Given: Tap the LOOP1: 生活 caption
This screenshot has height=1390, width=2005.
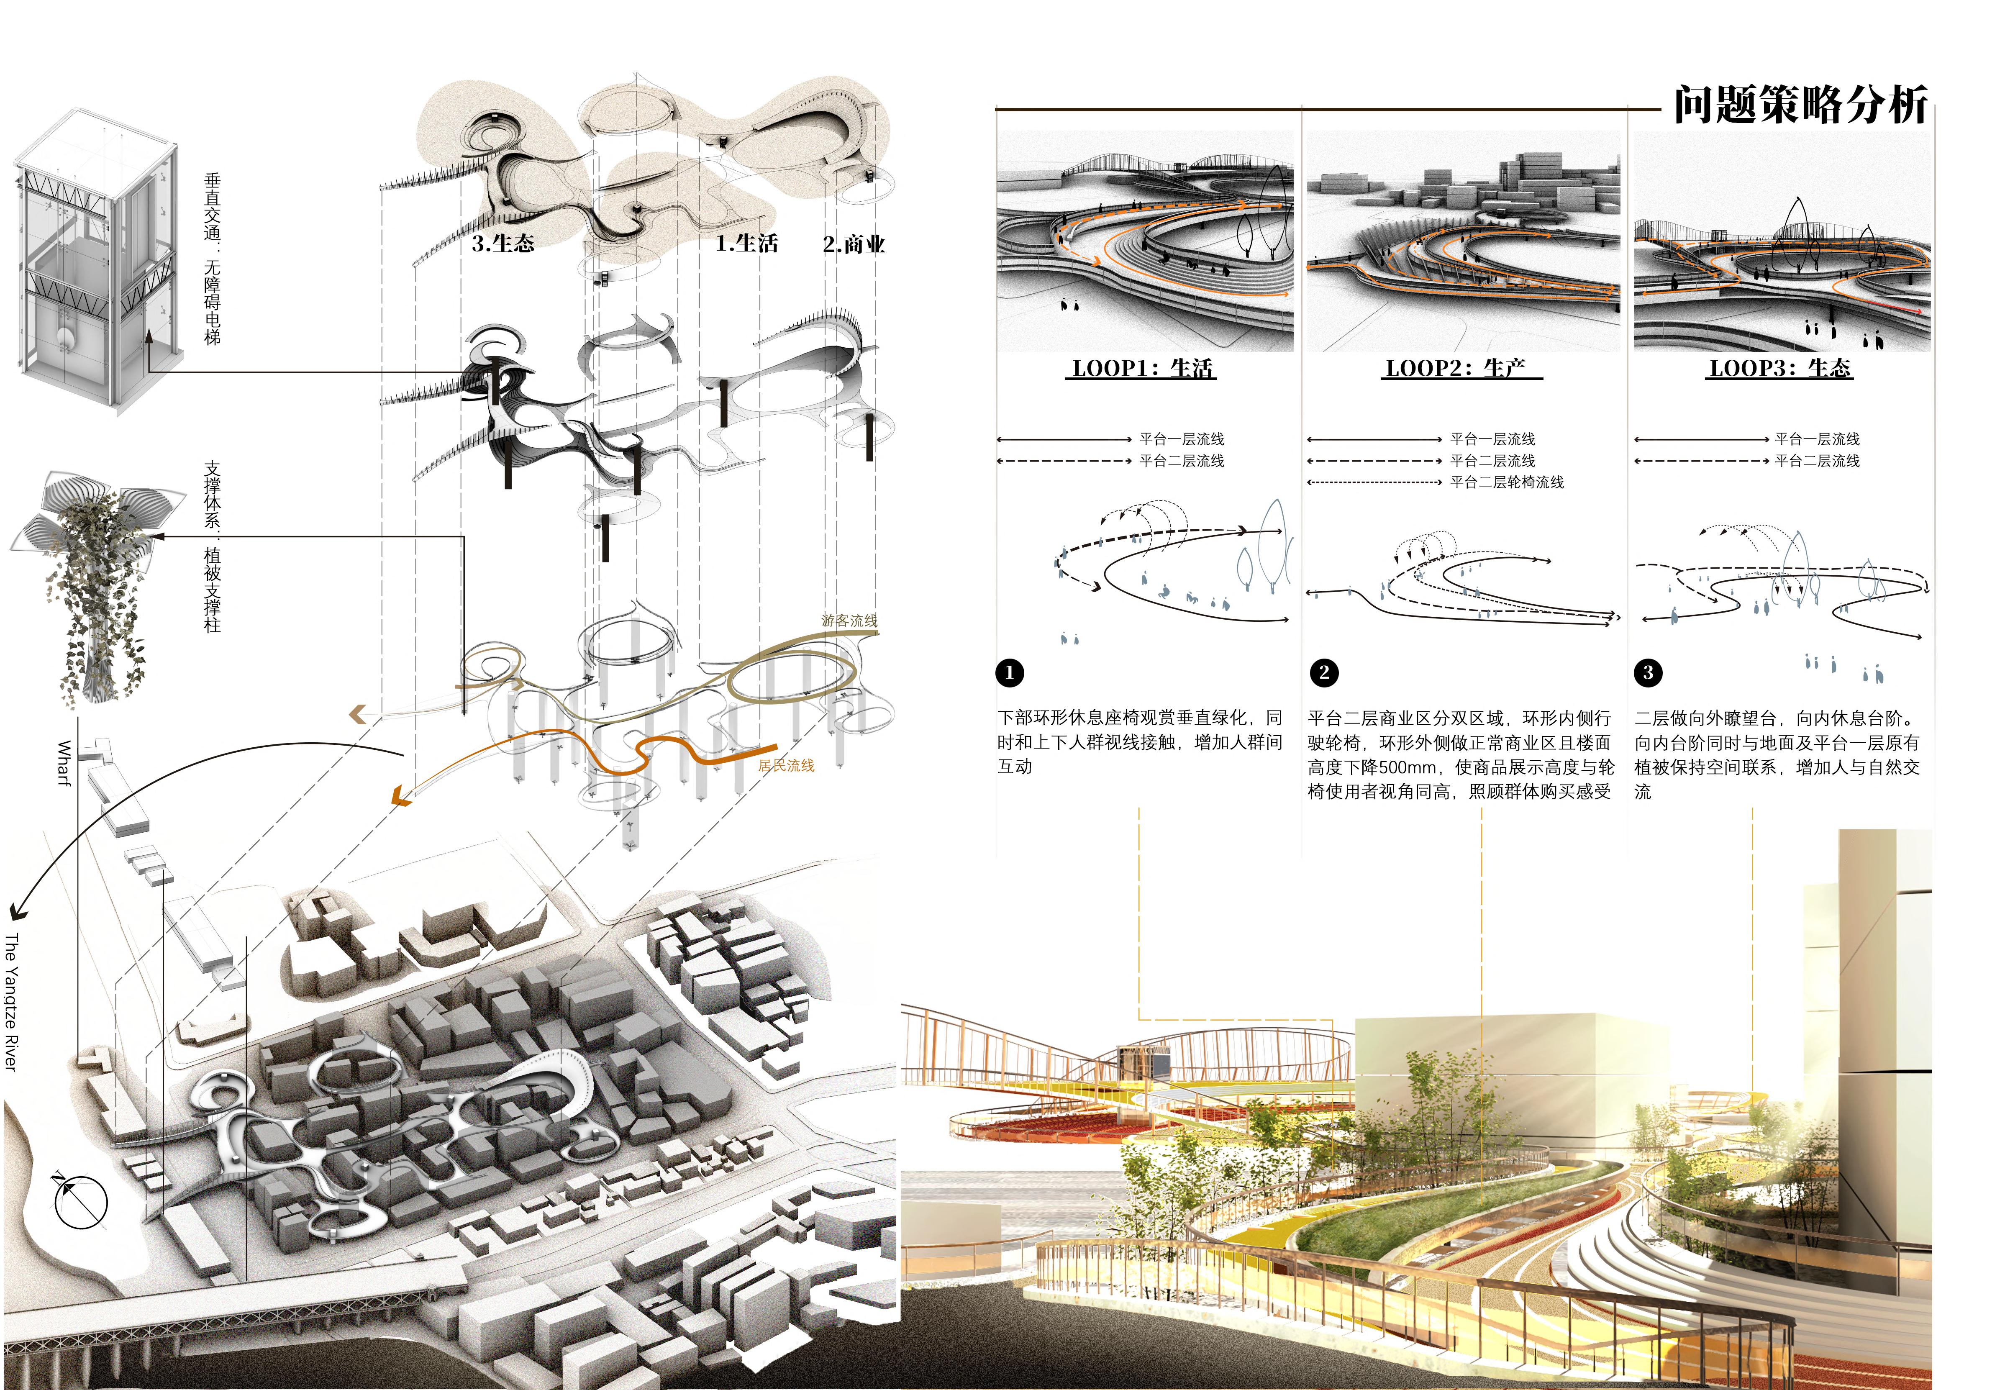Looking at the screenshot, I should tap(1141, 368).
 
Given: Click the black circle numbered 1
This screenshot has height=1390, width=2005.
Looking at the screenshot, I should tap(1010, 672).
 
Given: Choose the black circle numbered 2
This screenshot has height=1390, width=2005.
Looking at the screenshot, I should tap(1324, 672).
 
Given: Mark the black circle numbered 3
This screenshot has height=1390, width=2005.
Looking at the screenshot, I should tap(1648, 672).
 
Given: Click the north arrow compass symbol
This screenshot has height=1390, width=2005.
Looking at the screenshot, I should tap(80, 1202).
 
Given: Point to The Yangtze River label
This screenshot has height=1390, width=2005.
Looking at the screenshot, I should tap(11, 1002).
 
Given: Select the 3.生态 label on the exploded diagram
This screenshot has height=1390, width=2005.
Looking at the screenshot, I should tap(503, 244).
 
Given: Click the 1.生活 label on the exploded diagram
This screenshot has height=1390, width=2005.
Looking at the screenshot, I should tap(746, 244).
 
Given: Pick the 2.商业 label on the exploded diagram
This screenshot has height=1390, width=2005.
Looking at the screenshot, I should tap(854, 245).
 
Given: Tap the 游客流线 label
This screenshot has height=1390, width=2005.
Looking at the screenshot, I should tap(849, 620).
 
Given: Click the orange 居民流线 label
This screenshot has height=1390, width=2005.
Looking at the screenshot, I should tap(786, 766).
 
